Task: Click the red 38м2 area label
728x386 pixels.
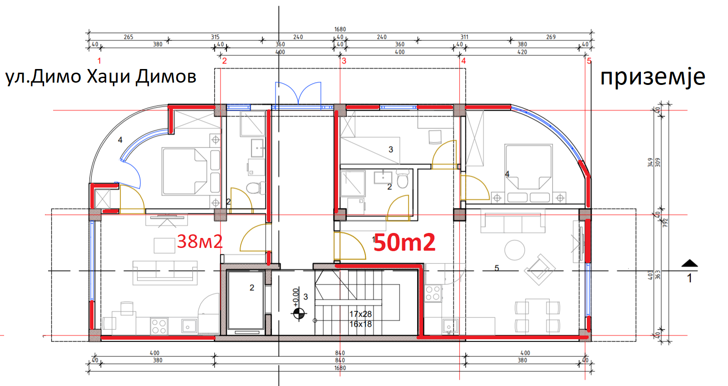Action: coord(200,242)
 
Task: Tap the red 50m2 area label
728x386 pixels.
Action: coord(404,242)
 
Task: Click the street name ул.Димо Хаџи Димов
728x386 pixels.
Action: coord(101,77)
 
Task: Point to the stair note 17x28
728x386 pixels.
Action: coord(360,314)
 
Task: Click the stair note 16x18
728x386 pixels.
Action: coord(360,324)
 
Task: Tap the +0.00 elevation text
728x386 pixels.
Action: coord(295,297)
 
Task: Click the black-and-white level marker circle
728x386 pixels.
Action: coord(299,314)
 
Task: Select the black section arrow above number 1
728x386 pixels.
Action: coord(689,263)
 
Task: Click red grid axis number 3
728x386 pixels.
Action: coord(344,61)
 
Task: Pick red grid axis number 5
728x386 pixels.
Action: coord(589,61)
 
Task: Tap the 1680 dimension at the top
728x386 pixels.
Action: coord(340,29)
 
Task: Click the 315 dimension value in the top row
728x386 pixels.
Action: coord(215,37)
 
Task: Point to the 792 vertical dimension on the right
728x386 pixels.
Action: coord(665,223)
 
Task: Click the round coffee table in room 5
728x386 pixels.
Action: coord(515,250)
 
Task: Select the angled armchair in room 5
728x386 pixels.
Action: coord(540,270)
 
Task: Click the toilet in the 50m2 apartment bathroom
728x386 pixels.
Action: coord(403,179)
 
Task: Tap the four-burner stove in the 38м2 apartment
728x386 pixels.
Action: coord(159,326)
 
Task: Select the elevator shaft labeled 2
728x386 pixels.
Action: coord(246,300)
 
